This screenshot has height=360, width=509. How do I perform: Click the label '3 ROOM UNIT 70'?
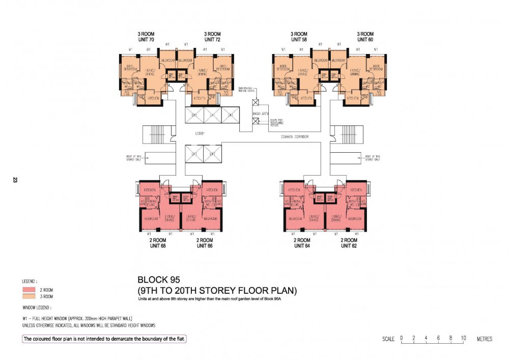coord(145,37)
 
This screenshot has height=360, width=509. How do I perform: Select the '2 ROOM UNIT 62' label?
coord(348,242)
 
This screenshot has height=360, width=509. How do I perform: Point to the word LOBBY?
coord(200,133)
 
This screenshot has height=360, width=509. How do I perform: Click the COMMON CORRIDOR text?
coord(295,137)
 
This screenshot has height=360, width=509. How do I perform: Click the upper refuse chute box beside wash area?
coord(256,102)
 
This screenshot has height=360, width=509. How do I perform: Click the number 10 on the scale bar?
coord(464,338)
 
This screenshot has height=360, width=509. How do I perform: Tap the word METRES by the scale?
coord(484,339)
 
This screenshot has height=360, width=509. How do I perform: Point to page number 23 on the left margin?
coord(15,180)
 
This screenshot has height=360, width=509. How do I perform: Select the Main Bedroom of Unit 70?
coord(130,67)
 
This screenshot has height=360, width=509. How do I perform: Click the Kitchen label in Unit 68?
coord(149,190)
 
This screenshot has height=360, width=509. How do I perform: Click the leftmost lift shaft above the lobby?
coord(193,116)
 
